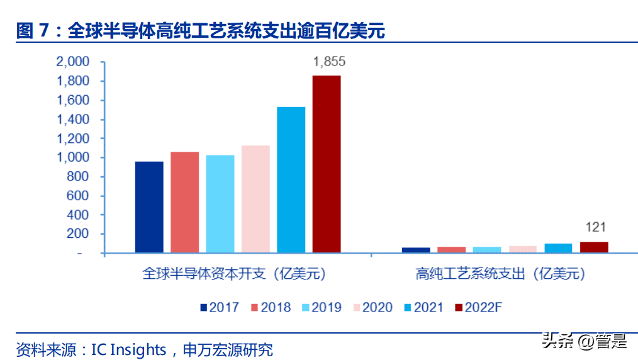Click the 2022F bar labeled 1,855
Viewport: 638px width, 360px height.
pos(327,164)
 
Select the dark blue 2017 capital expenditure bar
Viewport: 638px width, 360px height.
pos(149,207)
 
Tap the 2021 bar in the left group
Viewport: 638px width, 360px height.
pos(291,180)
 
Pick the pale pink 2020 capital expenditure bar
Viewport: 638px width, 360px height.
pos(255,199)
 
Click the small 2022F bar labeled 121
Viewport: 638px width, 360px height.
pos(594,247)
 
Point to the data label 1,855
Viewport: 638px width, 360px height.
pos(329,62)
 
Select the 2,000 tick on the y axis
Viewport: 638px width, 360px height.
pos(73,62)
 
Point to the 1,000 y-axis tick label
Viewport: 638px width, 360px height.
pos(73,158)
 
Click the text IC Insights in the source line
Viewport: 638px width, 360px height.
pos(129,350)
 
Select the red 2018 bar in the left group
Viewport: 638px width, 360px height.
pos(184,202)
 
